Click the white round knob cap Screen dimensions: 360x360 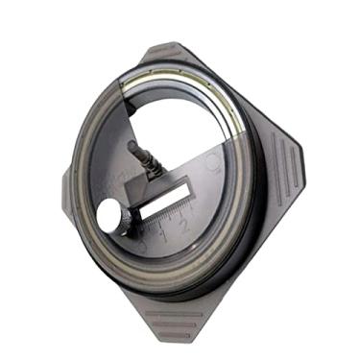[x=109, y=218]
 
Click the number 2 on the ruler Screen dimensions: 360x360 [x=182, y=224]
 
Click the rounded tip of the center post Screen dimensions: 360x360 [x=131, y=146]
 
